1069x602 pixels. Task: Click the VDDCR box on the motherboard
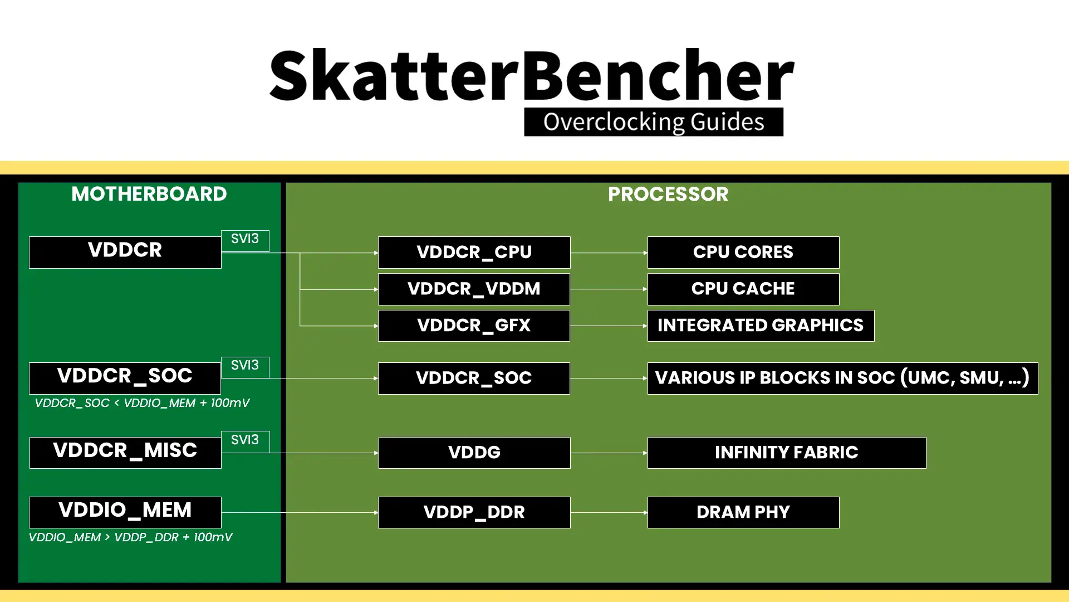[125, 252]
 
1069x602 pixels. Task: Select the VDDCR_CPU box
[474, 252]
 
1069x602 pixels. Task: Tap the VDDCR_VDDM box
[474, 289]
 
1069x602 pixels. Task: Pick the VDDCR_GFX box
[474, 326]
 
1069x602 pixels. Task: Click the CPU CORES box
[743, 252]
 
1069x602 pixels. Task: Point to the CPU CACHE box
[743, 289]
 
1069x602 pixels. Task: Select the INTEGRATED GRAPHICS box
[761, 326]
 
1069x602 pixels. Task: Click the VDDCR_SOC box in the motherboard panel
[125, 378]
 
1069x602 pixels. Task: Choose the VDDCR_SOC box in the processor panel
[474, 378]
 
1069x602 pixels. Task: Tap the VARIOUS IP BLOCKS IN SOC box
[842, 378]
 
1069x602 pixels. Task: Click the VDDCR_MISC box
[125, 452]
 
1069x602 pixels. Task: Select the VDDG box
[474, 452]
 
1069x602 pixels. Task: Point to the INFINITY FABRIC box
[787, 452]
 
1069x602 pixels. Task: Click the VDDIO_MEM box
[125, 512]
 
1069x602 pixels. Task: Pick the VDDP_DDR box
[474, 512]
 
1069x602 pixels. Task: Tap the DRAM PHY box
[743, 512]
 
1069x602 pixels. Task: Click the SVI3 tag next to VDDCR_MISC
[245, 440]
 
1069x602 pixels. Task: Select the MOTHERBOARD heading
[149, 194]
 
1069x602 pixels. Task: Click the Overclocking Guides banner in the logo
[654, 122]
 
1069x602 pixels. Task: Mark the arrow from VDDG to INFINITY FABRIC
[609, 453]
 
